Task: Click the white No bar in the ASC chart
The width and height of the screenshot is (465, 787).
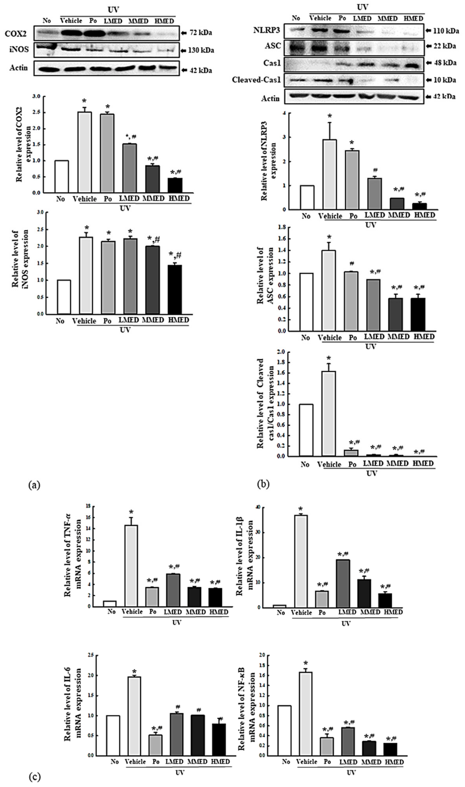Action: (x=306, y=302)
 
